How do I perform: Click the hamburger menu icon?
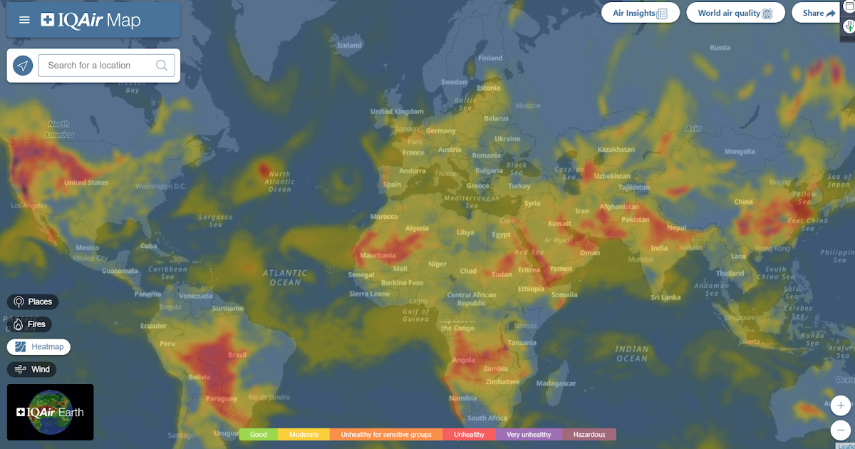[24, 20]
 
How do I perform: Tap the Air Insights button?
[640, 13]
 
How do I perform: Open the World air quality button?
[735, 13]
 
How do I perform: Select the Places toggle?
[33, 301]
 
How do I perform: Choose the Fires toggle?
[29, 324]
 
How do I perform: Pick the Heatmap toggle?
[39, 347]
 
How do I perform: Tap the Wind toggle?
[32, 369]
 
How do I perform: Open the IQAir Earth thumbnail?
[50, 412]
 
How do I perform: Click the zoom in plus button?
[841, 406]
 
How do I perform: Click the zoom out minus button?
[841, 430]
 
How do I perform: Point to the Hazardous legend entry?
[589, 435]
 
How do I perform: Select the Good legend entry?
[259, 435]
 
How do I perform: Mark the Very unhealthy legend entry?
[529, 435]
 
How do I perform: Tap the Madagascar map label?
[556, 383]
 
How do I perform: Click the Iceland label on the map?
[349, 46]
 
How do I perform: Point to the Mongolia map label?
[739, 152]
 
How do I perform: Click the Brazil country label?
[237, 355]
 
